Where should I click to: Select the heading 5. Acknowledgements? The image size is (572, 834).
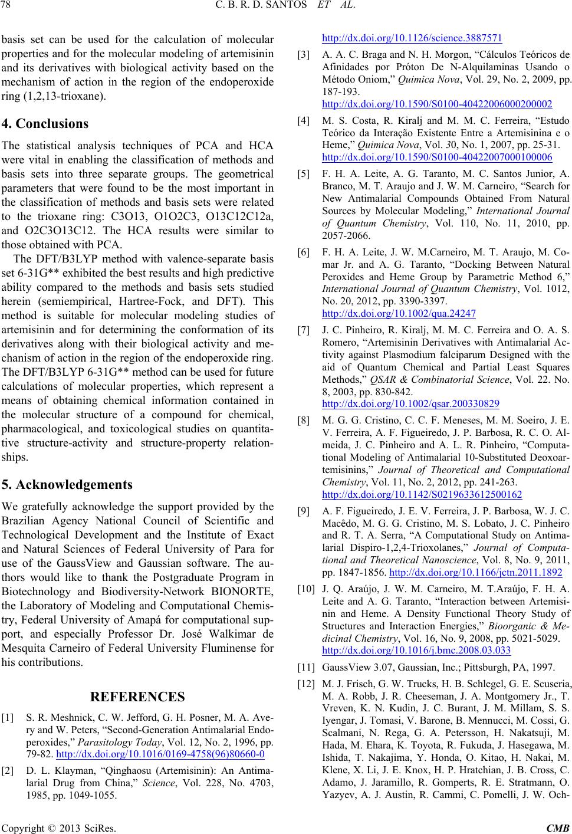pyautogui.click(x=67, y=485)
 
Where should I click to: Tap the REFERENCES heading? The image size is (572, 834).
pyautogui.click(x=138, y=697)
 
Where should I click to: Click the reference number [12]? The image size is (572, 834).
pyautogui.click(x=306, y=684)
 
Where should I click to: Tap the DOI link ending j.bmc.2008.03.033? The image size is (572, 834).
pyautogui.click(x=416, y=651)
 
